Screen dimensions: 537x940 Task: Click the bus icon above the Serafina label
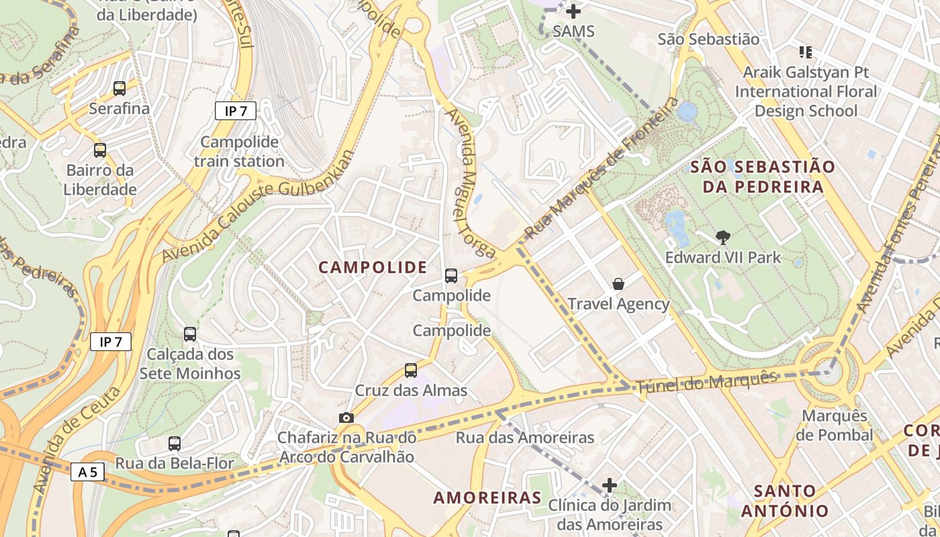(119, 88)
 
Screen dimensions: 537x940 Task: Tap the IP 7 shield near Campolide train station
(235, 111)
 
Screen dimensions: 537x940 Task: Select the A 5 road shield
(87, 472)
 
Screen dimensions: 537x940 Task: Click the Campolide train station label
(239, 152)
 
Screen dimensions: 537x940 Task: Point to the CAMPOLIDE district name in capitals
(373, 267)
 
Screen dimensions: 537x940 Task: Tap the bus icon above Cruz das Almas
(410, 370)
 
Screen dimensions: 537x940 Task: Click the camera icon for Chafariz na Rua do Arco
(346, 418)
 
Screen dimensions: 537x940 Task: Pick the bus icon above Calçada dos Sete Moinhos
(190, 334)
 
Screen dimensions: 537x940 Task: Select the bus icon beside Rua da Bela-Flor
(174, 443)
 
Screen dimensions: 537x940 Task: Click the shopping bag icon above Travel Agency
(618, 284)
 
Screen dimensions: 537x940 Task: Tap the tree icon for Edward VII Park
(723, 237)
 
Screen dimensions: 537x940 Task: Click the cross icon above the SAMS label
(573, 11)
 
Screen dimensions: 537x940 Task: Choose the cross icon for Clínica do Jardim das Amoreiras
(610, 485)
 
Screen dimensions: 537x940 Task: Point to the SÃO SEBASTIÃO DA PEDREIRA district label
(763, 177)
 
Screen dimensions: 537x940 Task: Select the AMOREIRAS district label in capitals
(487, 497)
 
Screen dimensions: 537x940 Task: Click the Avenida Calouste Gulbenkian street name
(258, 205)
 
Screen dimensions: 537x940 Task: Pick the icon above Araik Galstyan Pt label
(806, 52)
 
